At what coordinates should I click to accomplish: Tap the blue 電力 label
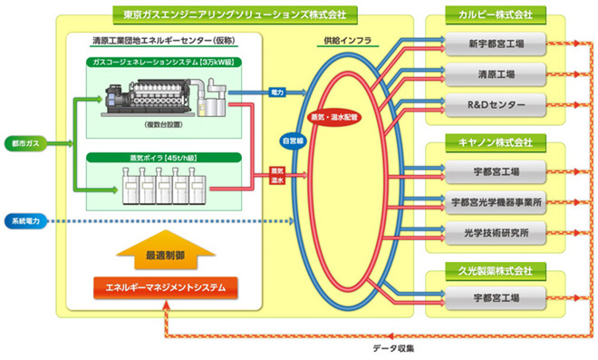point(276,92)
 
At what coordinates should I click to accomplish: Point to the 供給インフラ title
point(345,42)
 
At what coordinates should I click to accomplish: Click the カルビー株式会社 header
point(495,15)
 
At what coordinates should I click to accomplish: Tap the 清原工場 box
point(495,72)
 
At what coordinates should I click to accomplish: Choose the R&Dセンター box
point(495,104)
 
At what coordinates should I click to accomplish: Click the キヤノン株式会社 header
point(495,142)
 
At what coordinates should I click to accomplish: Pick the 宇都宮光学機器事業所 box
point(495,201)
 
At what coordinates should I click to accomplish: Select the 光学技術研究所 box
point(495,232)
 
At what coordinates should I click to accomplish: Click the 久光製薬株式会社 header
point(495,269)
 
